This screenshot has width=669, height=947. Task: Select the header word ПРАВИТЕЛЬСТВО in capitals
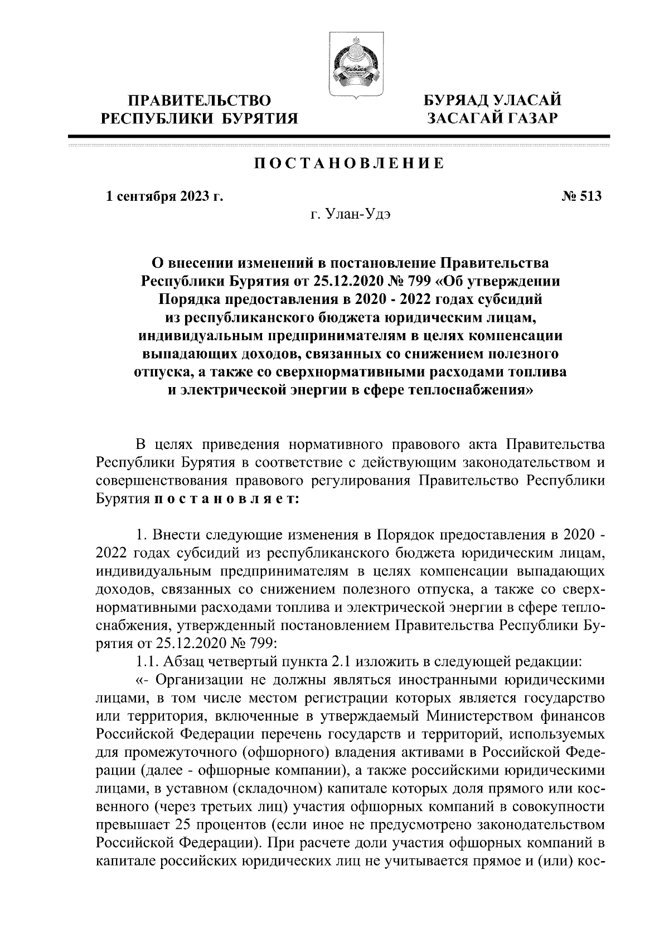pos(200,101)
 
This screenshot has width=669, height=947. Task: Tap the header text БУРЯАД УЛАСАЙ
pos(491,101)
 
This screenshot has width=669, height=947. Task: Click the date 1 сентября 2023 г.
pos(164,196)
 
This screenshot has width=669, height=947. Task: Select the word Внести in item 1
pos(177,535)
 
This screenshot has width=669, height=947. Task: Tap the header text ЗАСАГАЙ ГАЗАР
pos(491,118)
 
